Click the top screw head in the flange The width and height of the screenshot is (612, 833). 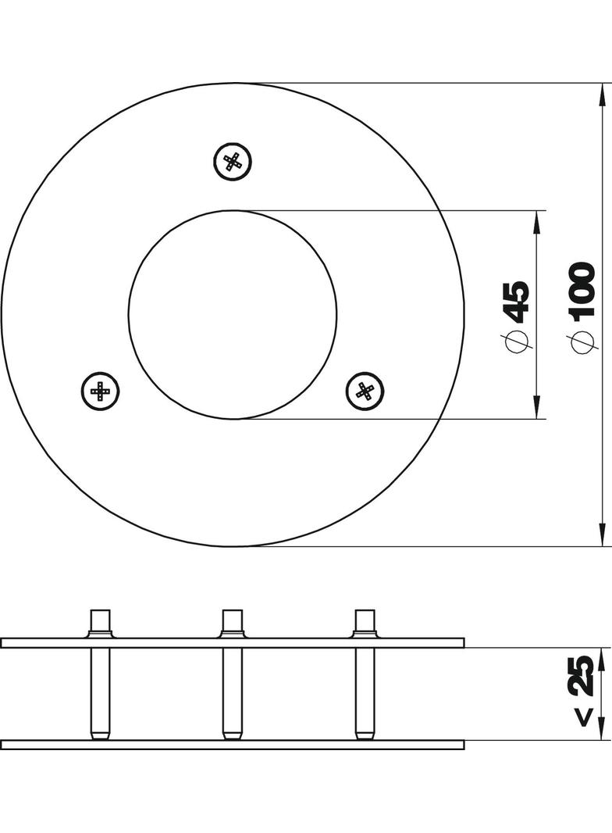[x=233, y=161]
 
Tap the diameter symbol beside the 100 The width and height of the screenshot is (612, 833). [x=582, y=341]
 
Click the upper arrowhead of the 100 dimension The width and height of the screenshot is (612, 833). [x=601, y=95]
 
